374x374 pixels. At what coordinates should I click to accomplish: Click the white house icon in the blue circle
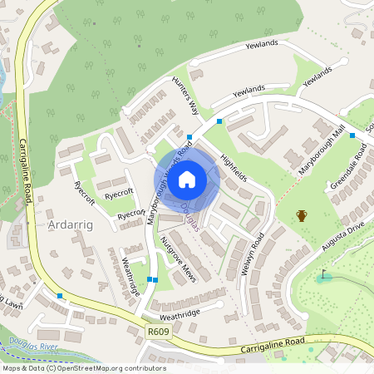click(187, 178)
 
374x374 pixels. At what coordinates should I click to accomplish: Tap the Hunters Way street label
click(185, 96)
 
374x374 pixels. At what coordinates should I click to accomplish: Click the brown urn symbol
click(302, 216)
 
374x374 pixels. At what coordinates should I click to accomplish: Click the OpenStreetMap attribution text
click(83, 367)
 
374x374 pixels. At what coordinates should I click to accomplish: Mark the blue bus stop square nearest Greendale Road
click(352, 135)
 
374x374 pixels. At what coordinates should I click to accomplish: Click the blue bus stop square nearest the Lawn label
click(60, 295)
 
